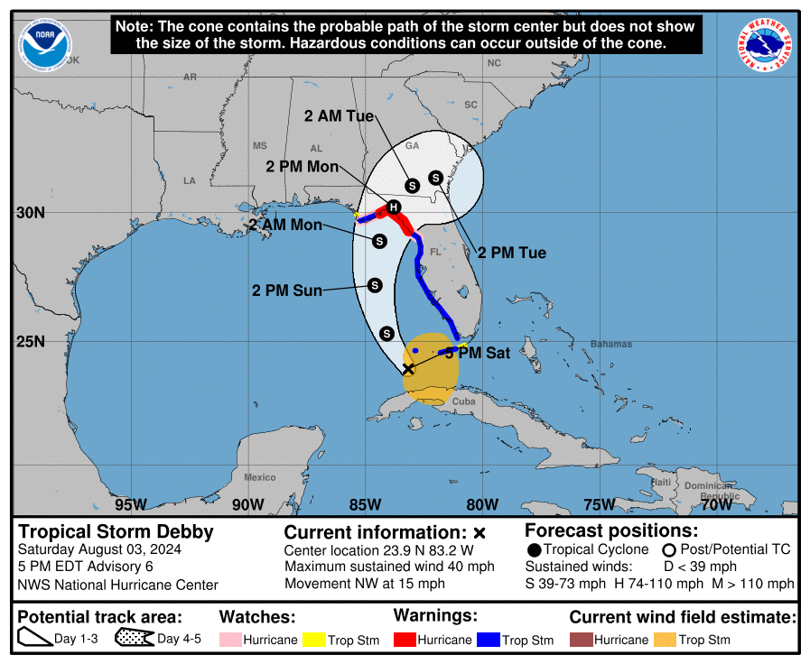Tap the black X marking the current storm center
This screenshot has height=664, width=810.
[x=407, y=368]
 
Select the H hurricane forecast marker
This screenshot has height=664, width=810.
[x=393, y=207]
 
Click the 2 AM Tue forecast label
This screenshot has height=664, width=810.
[x=339, y=116]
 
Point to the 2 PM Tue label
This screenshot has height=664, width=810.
[x=512, y=253]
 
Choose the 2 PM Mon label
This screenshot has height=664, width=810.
[x=303, y=166]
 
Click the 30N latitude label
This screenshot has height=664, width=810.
[x=33, y=213]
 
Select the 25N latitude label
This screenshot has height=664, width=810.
[x=33, y=341]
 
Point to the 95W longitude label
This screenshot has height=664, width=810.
[x=131, y=504]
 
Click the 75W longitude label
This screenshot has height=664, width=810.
[x=600, y=504]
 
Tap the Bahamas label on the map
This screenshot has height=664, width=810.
[x=611, y=344]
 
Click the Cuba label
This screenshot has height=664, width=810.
[x=463, y=401]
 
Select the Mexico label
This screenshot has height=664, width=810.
[x=260, y=477]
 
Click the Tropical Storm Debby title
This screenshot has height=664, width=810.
[x=116, y=531]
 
